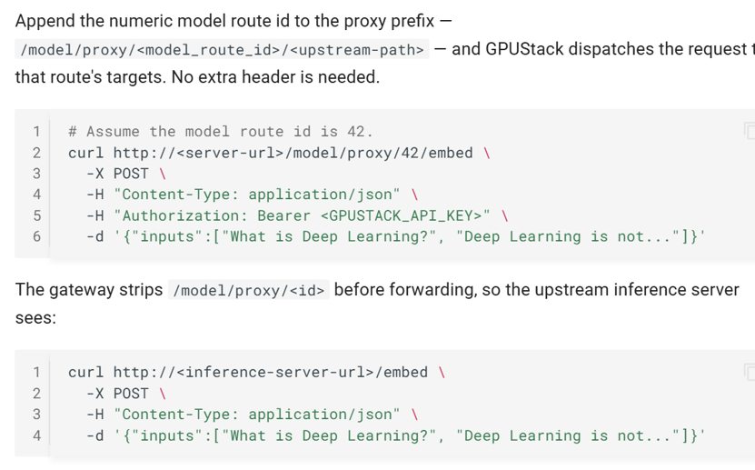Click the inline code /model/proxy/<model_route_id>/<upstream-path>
point(222,50)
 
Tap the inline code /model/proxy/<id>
point(248,290)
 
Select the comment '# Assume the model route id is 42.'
point(221,132)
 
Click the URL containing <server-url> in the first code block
point(293,153)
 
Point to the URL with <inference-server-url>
point(271,372)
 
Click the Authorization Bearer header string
point(302,215)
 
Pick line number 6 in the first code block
point(36,236)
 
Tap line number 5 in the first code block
point(36,215)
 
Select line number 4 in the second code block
point(36,435)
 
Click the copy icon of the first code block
point(750,131)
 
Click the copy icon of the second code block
point(750,372)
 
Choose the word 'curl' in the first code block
point(85,153)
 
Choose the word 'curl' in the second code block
point(85,372)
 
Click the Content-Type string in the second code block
point(256,415)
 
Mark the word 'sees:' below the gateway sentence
point(35,318)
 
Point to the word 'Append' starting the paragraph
point(45,22)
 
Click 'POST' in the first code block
point(131,174)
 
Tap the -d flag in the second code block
point(94,435)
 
